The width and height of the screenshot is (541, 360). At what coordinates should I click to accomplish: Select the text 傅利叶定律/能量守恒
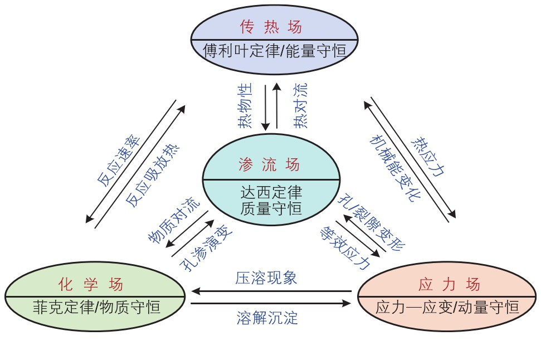pyautogui.click(x=274, y=52)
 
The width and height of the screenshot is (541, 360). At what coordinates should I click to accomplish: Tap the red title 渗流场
pyautogui.click(x=270, y=164)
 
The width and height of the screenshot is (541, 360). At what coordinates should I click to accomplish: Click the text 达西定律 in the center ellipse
pyautogui.click(x=271, y=193)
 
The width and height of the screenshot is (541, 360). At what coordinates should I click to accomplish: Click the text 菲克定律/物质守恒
pyautogui.click(x=96, y=307)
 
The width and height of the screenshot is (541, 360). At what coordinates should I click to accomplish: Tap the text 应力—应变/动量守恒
pyautogui.click(x=447, y=307)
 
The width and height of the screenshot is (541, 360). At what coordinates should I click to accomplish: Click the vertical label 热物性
pyautogui.click(x=245, y=106)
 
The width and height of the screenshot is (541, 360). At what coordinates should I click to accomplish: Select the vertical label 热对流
pyautogui.click(x=300, y=106)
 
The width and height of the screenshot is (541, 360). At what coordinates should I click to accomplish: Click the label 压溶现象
pyautogui.click(x=266, y=278)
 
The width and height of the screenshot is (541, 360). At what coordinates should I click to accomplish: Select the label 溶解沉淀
pyautogui.click(x=267, y=318)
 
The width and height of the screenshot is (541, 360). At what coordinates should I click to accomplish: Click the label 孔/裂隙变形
pyautogui.click(x=372, y=222)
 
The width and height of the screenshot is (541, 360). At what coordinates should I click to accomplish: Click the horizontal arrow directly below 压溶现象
pyautogui.click(x=271, y=291)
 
